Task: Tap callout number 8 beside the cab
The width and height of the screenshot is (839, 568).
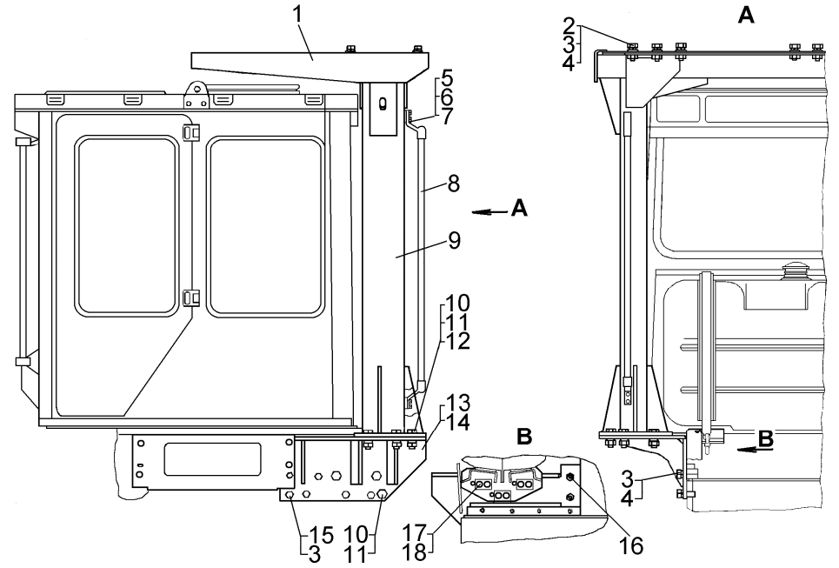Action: (454, 184)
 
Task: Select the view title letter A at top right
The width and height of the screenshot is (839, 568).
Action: (745, 15)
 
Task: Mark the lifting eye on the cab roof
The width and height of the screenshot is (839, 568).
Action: (196, 88)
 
